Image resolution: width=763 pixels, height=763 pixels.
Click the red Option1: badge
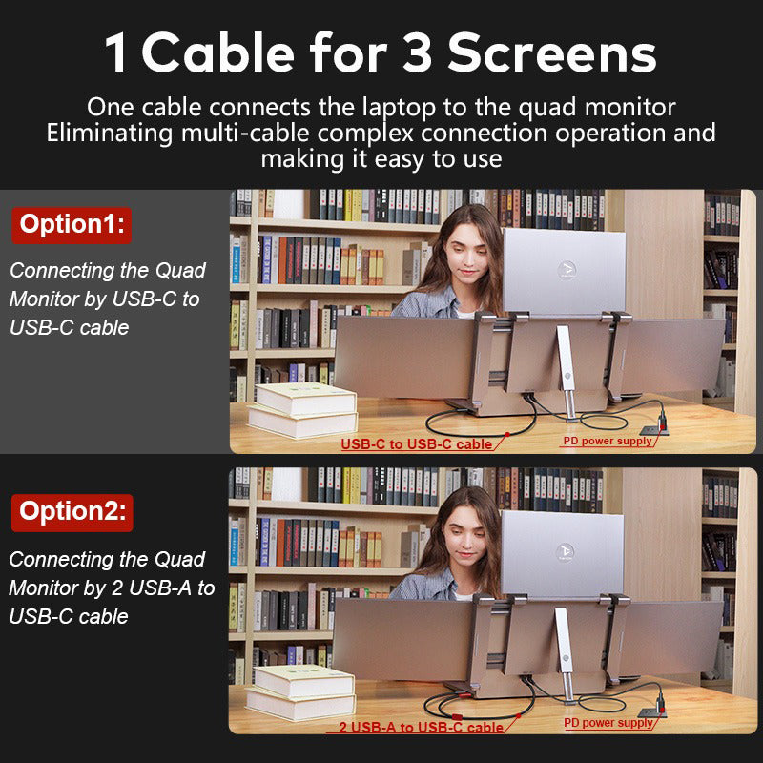click(72, 225)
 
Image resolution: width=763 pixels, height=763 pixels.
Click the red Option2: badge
click(72, 511)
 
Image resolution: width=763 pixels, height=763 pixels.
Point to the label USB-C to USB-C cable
click(417, 444)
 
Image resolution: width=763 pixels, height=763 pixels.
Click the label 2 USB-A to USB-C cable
click(421, 728)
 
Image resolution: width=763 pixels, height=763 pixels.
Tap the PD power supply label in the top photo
click(608, 442)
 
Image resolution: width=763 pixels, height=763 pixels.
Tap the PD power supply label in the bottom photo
click(609, 723)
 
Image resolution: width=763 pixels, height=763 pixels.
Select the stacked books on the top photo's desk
click(303, 409)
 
